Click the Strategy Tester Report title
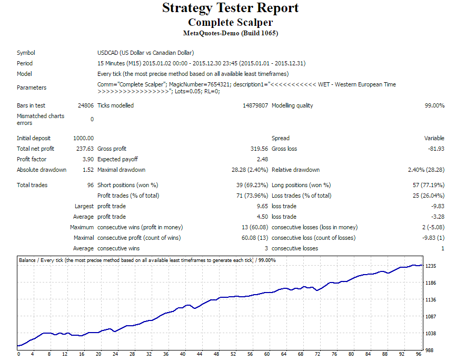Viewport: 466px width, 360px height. pyautogui.click(x=230, y=8)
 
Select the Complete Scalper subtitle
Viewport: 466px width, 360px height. pyautogui.click(x=230, y=23)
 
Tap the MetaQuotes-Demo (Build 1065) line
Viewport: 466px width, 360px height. pyautogui.click(x=230, y=33)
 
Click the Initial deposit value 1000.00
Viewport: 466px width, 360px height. pyautogui.click(x=84, y=138)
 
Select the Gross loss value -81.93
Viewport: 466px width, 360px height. pyautogui.click(x=436, y=149)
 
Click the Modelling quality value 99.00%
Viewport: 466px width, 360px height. pyautogui.click(x=434, y=105)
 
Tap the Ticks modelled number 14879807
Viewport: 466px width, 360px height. pyautogui.click(x=255, y=105)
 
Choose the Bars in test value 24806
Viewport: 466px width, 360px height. pyautogui.click(x=86, y=105)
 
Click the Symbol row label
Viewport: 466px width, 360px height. pyautogui.click(x=26, y=53)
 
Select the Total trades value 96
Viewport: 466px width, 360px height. pyautogui.click(x=91, y=185)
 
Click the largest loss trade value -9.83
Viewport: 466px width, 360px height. pyautogui.click(x=437, y=206)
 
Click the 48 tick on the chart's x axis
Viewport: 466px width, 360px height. pyautogui.click(x=216, y=354)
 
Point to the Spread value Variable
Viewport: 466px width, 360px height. pyautogui.click(x=434, y=138)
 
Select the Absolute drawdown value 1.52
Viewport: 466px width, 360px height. pyautogui.click(x=88, y=170)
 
